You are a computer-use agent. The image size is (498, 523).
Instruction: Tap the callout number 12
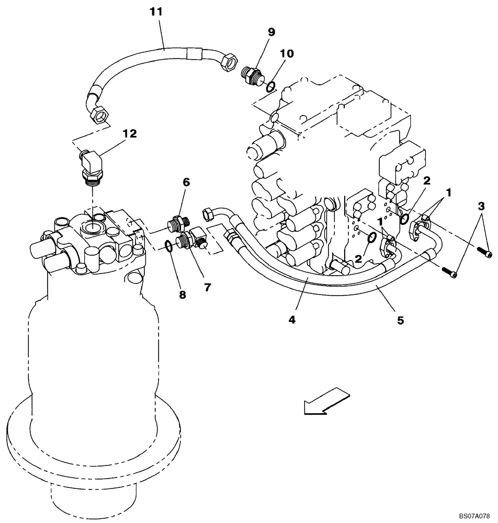click(x=130, y=134)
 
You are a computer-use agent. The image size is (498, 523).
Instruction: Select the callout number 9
click(x=271, y=32)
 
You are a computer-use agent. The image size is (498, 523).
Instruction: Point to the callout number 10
click(x=287, y=53)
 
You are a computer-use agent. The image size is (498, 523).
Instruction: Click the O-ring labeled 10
click(x=270, y=86)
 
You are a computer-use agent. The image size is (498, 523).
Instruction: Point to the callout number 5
click(x=400, y=320)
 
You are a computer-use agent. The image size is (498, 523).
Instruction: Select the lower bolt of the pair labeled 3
click(x=451, y=272)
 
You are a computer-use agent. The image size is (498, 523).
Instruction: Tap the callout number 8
click(x=182, y=294)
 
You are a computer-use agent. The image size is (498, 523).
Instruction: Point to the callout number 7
click(x=207, y=287)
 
